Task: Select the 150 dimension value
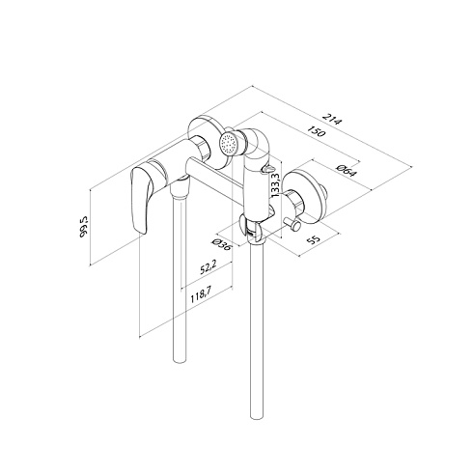coord(317,131)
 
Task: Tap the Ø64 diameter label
coord(347,171)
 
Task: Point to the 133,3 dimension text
coord(275,185)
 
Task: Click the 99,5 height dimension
coord(84,227)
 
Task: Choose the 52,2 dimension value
coord(208,266)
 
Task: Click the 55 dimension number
coord(313,239)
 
